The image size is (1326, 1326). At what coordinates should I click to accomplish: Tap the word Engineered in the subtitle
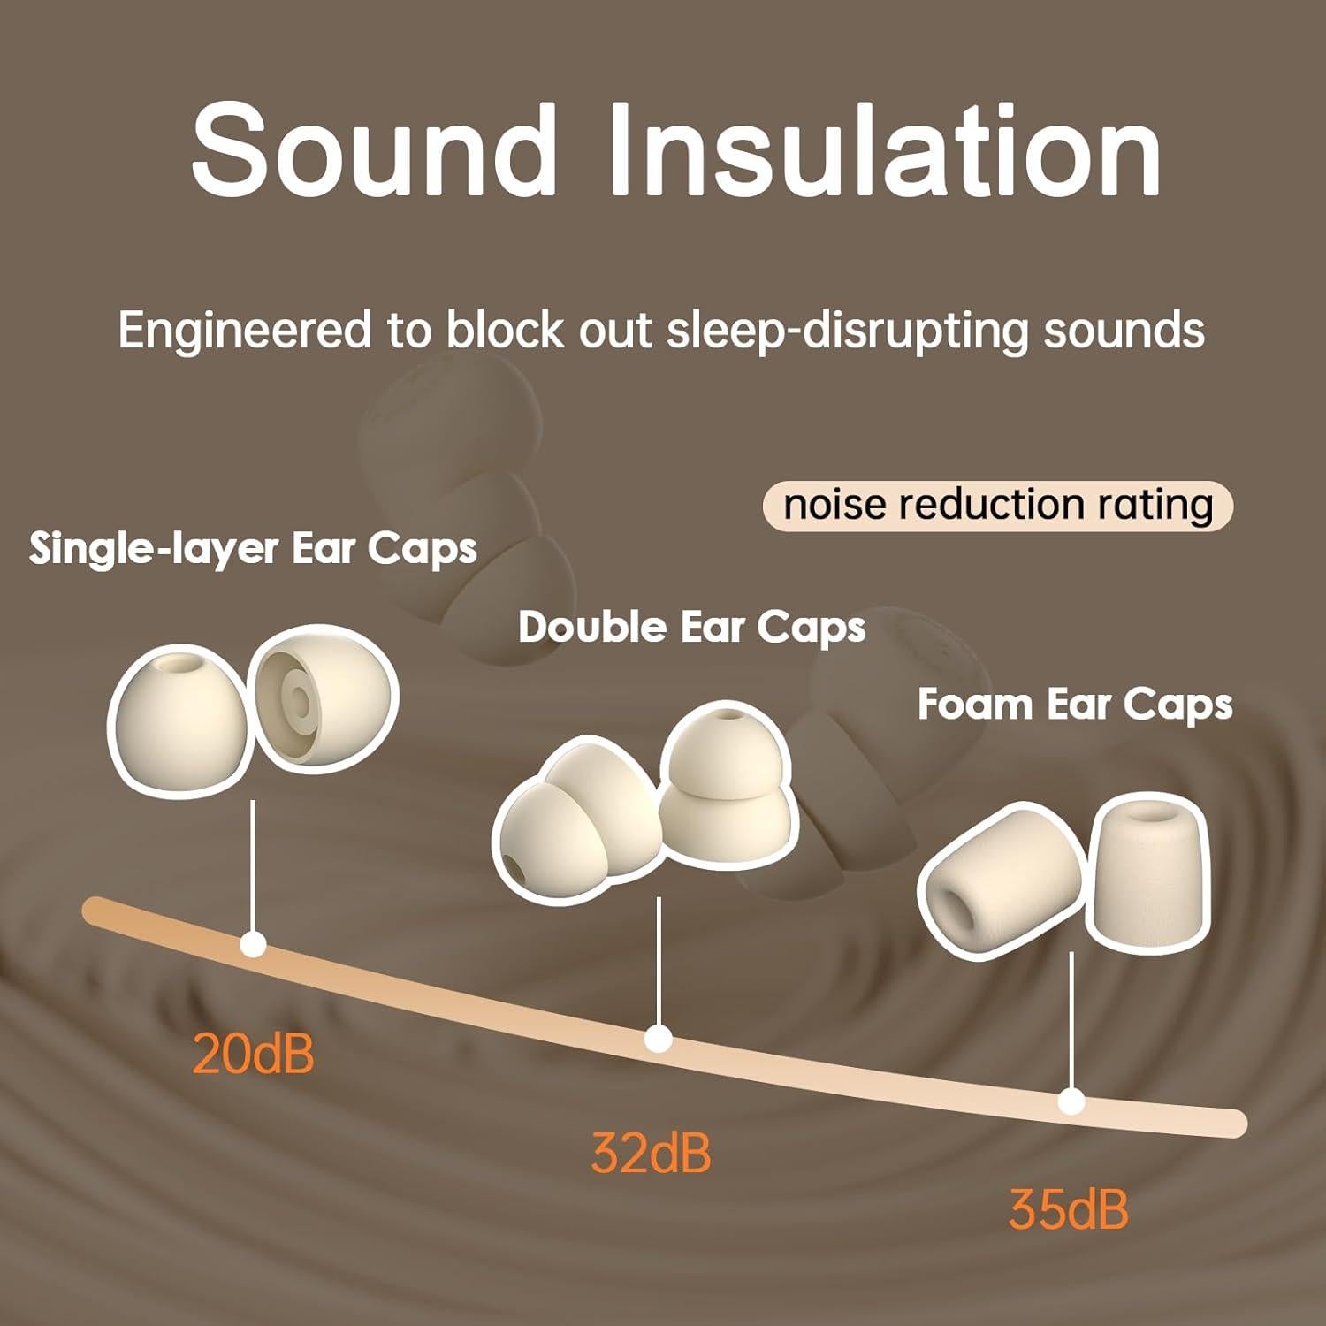(244, 331)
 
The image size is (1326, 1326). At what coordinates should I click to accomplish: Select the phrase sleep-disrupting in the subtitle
(847, 331)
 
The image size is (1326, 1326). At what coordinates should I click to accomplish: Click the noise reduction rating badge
(997, 506)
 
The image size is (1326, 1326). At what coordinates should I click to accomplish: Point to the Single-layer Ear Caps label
(253, 550)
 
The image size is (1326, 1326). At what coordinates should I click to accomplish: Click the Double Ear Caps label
(691, 628)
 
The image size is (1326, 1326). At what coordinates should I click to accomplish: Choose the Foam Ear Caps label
(1075, 705)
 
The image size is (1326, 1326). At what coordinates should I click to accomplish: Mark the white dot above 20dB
(254, 946)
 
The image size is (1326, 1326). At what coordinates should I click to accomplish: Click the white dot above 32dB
(658, 1039)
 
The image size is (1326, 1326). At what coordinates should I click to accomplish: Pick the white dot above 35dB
(1071, 1102)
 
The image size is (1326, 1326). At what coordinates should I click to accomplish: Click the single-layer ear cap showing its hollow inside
(325, 705)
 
